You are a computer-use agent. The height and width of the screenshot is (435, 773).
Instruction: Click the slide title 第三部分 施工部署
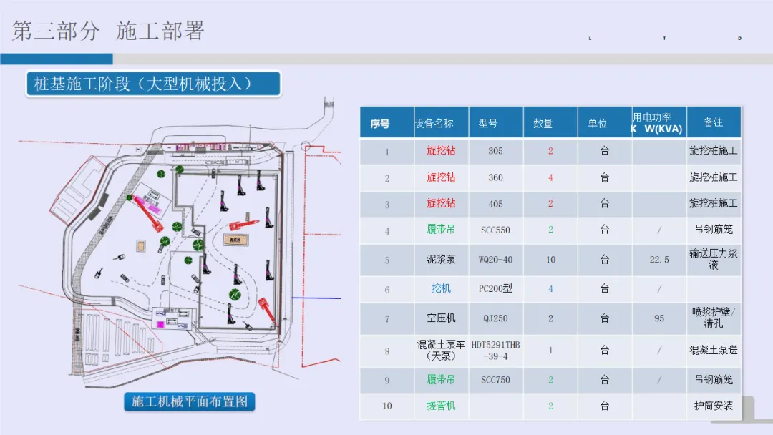pos(109,31)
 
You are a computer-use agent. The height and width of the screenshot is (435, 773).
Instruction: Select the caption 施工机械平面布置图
pos(190,401)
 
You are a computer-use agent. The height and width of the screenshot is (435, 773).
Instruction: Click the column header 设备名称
pos(434,123)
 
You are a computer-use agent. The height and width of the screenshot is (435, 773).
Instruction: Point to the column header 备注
pos(713,122)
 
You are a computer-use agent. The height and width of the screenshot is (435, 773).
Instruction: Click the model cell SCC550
pos(495,230)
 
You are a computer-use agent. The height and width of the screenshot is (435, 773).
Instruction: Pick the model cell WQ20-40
pos(495,260)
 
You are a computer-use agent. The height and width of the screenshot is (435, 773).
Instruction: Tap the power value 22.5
pos(659,260)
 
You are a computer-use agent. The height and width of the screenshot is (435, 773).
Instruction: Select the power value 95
pos(659,318)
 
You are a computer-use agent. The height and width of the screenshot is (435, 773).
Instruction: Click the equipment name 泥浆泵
pos(441,260)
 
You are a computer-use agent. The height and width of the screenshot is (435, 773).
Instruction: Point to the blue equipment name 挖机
pos(441,288)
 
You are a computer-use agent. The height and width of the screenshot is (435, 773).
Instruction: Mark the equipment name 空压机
pos(441,318)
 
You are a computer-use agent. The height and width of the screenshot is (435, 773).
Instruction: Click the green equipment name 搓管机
pos(441,406)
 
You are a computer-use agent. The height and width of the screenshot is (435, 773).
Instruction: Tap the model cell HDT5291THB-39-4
pos(495,351)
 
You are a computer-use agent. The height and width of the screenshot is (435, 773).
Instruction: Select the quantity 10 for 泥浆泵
pos(550,260)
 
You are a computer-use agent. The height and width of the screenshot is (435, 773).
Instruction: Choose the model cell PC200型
pos(495,289)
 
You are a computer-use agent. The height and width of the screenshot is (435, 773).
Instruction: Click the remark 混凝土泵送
pos(713,351)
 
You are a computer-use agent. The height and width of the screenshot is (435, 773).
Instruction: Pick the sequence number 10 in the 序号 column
pos(387,406)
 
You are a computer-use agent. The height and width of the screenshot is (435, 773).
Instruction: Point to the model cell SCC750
pos(495,380)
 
